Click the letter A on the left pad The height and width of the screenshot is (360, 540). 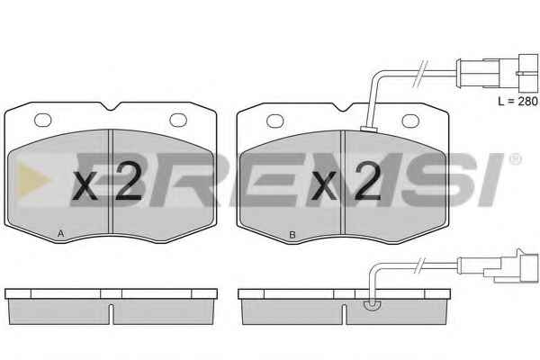point(61,234)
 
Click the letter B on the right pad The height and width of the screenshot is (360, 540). point(292,235)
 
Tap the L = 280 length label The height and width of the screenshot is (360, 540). point(517,102)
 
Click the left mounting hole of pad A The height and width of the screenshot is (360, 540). point(43,120)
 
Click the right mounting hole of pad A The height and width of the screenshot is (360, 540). point(178,120)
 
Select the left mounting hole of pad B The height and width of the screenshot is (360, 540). point(275,121)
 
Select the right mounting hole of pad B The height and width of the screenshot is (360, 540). point(411,121)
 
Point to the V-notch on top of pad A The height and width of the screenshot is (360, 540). point(111,106)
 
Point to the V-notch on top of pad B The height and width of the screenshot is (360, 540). point(342,107)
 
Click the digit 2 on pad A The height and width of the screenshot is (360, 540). point(129,181)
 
